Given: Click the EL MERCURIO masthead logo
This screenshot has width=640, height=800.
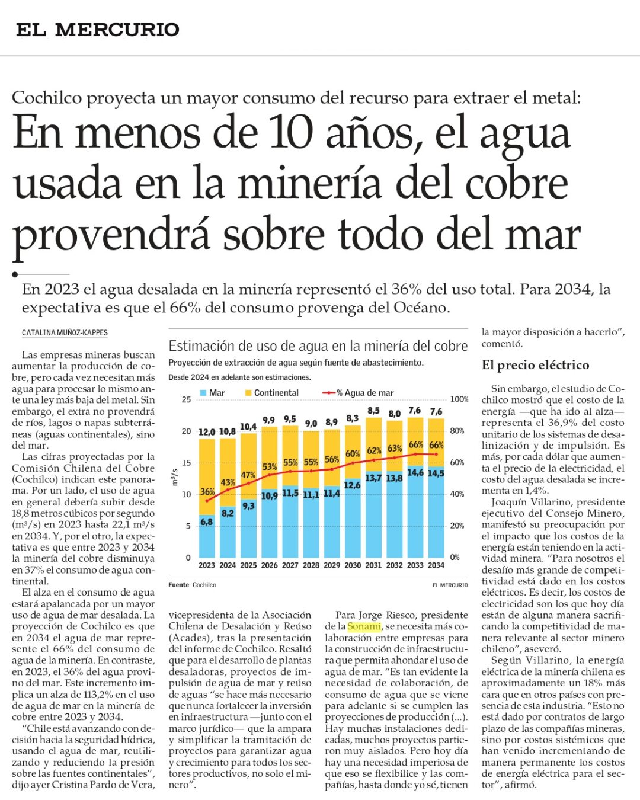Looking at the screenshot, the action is click(98, 30).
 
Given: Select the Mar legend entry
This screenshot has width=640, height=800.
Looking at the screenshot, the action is click(212, 392).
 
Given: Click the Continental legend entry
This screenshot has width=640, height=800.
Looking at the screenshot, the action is click(272, 392).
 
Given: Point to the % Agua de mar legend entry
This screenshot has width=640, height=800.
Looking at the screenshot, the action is click(359, 392).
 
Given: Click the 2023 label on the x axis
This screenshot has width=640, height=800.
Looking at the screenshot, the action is click(207, 565).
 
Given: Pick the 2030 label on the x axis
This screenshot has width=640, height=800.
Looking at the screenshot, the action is click(353, 565).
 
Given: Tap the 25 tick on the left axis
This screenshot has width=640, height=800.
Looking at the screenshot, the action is click(186, 399).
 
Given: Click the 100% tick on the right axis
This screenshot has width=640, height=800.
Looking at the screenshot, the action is click(459, 399).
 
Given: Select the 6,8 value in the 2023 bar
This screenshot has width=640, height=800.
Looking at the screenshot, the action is click(206, 521).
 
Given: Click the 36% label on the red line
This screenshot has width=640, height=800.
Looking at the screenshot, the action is click(207, 491).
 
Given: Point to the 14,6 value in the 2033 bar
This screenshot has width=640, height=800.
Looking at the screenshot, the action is click(415, 472).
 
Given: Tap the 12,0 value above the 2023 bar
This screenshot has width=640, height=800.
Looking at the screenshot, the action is click(207, 432).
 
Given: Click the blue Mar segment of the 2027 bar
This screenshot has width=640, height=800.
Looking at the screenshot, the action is click(290, 521).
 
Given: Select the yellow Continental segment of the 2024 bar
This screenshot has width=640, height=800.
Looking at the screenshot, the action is click(228, 472).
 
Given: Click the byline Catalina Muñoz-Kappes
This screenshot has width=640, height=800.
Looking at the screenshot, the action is click(65, 332).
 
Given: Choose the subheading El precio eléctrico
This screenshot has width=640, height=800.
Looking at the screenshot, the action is click(536, 365).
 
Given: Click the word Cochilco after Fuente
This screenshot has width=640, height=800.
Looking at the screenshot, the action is click(204, 585).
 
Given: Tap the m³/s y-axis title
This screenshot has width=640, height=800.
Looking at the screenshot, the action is click(175, 477).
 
